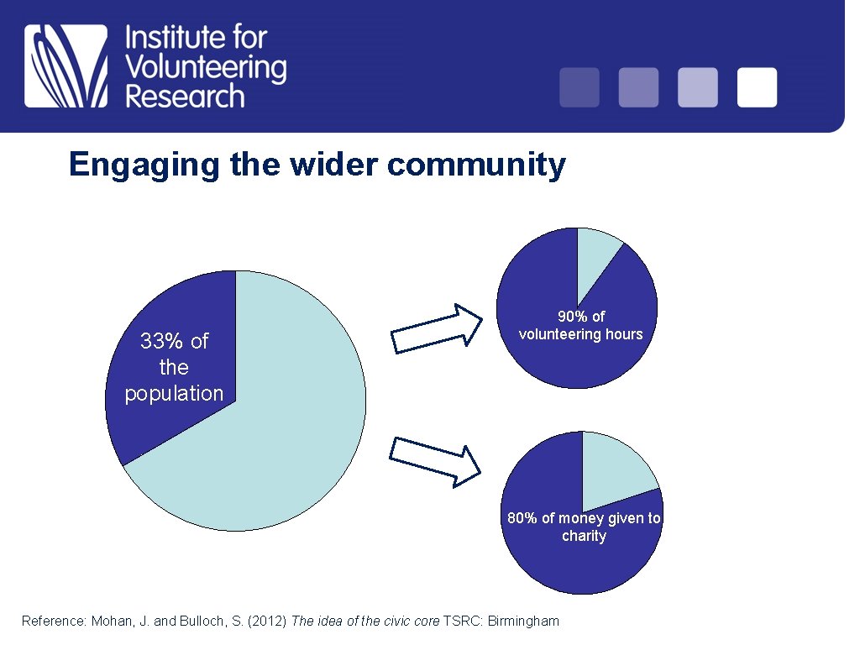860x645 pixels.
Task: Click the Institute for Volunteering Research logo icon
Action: [66, 66]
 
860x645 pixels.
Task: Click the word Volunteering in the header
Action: [206, 67]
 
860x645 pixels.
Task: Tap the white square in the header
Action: [757, 87]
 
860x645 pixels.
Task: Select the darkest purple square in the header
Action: [579, 87]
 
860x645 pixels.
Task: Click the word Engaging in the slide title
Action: [145, 165]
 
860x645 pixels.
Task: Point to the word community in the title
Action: [476, 165]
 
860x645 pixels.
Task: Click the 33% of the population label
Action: [174, 367]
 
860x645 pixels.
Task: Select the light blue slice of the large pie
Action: [286, 420]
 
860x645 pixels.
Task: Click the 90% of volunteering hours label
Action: [580, 325]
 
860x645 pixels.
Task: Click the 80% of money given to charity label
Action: [584, 527]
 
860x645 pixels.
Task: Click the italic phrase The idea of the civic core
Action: [364, 621]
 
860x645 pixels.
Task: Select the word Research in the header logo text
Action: [185, 97]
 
